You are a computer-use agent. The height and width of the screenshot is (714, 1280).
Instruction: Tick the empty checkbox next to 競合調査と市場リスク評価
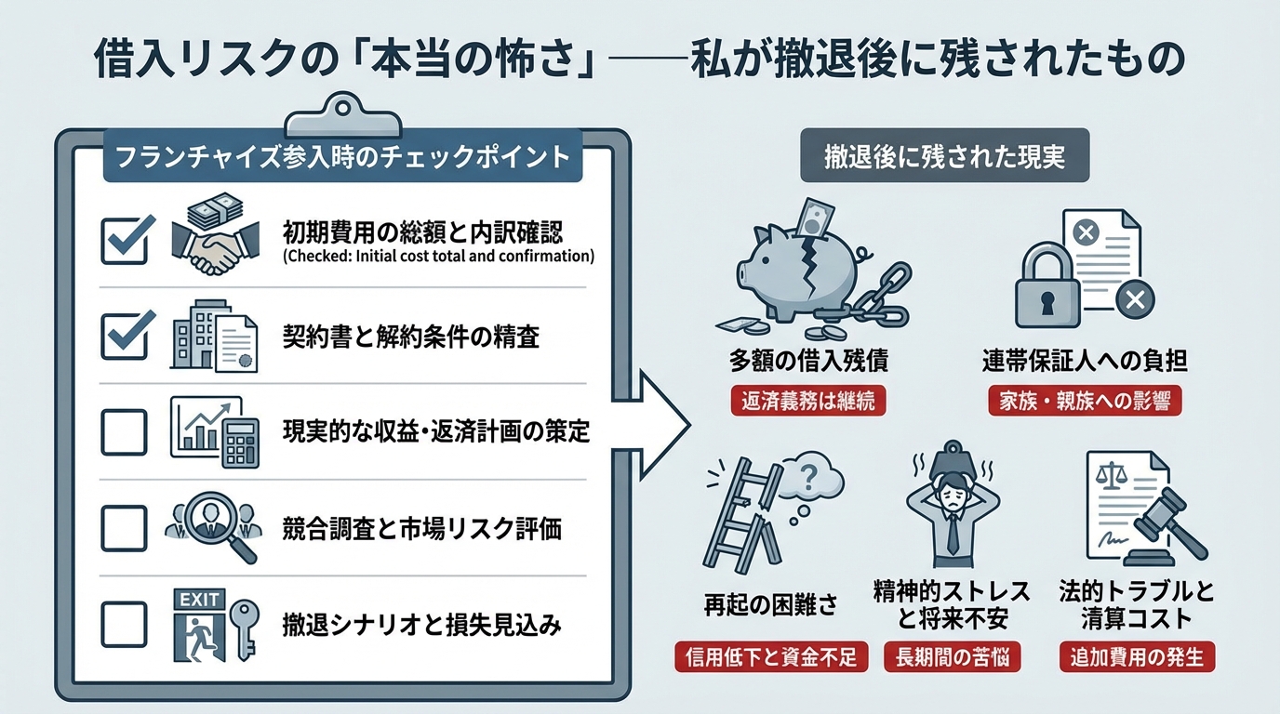124,528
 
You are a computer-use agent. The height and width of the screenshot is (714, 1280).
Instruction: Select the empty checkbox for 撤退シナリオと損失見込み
124,625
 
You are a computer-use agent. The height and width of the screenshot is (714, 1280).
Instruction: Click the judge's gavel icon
1170,525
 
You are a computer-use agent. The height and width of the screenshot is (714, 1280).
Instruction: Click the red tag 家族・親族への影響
1084,401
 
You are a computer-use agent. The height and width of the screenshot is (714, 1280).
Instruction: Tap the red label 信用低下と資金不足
771,657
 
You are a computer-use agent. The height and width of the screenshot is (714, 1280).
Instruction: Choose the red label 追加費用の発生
1137,657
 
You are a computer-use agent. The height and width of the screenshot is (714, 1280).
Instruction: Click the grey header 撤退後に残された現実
945,159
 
